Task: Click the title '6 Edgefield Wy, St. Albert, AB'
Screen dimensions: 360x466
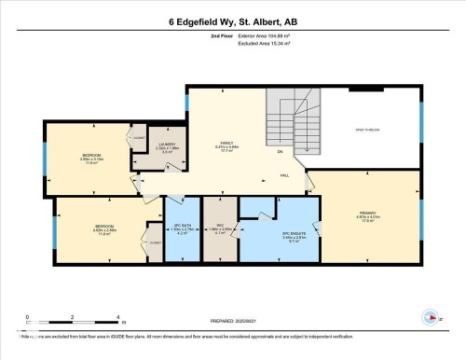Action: click(233, 21)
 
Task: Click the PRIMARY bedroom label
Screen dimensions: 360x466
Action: click(367, 214)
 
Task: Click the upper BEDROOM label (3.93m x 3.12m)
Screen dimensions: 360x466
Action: click(91, 155)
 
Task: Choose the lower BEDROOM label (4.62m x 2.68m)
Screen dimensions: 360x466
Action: click(103, 227)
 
